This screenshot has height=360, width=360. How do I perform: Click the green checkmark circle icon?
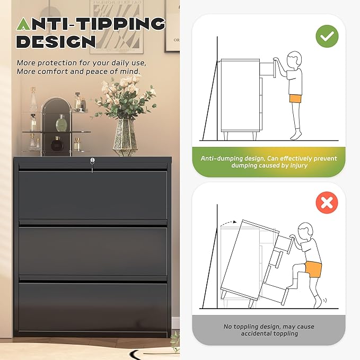pyautogui.click(x=327, y=36)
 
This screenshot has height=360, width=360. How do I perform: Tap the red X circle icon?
pyautogui.click(x=327, y=203)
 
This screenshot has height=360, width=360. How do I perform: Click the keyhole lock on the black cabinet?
pyautogui.click(x=92, y=160)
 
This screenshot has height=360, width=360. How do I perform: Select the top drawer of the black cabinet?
pyautogui.click(x=93, y=195)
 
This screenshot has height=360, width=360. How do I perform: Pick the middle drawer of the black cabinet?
pyautogui.click(x=93, y=251)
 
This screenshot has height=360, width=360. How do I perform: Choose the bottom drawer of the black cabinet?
pyautogui.click(x=93, y=307)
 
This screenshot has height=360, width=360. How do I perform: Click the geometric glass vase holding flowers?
pyautogui.click(x=125, y=137)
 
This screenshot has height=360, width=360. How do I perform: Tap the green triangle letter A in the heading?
pyautogui.click(x=24, y=24)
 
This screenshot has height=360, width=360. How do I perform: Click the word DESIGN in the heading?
pyautogui.click(x=56, y=41)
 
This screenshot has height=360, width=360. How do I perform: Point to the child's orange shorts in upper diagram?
pyautogui.click(x=295, y=99)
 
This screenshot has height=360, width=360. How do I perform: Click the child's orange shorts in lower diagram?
pyautogui.click(x=313, y=269)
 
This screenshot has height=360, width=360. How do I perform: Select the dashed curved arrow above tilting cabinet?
pyautogui.click(x=228, y=223)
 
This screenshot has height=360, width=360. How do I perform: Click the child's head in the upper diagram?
pyautogui.click(x=294, y=60)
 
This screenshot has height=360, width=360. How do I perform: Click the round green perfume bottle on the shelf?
pyautogui.click(x=61, y=123)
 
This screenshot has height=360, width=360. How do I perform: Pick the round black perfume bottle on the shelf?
pyautogui.click(x=56, y=144)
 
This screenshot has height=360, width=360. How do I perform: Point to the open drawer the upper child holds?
pyautogui.click(x=268, y=68)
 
